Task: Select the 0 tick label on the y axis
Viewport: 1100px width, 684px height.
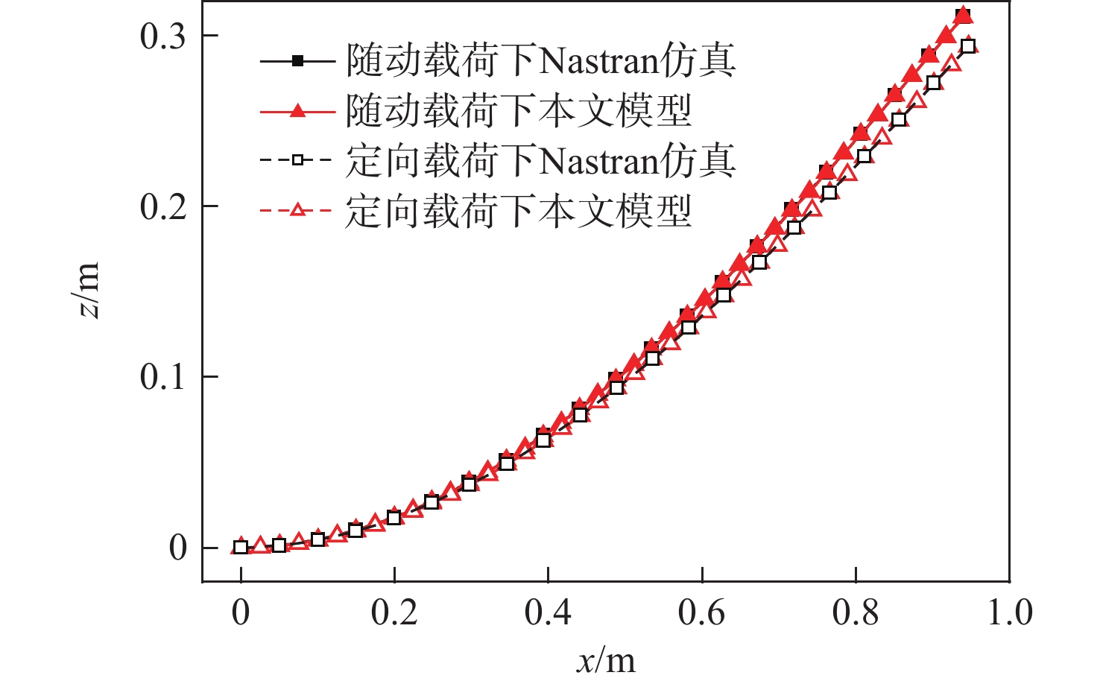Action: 177,548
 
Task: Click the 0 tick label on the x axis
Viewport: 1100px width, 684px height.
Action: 240,612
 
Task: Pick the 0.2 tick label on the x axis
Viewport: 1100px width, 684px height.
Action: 394,612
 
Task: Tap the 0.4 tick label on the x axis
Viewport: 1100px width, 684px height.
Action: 548,612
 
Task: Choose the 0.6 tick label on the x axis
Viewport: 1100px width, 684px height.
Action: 701,612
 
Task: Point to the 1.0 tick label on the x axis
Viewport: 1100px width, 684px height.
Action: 1010,612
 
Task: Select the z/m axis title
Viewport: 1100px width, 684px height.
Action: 89,291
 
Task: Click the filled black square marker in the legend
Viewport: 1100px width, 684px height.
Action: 297,61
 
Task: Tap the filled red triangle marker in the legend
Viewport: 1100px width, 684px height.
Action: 297,111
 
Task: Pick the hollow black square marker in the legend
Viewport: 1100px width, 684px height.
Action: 297,160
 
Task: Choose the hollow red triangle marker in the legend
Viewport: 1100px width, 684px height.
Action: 297,211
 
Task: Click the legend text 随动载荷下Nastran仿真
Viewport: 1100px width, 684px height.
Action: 540,61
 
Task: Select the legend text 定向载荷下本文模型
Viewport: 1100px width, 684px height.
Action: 518,211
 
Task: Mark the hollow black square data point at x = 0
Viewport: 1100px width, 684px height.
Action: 241,548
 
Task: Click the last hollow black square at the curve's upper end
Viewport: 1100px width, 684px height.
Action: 967,47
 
